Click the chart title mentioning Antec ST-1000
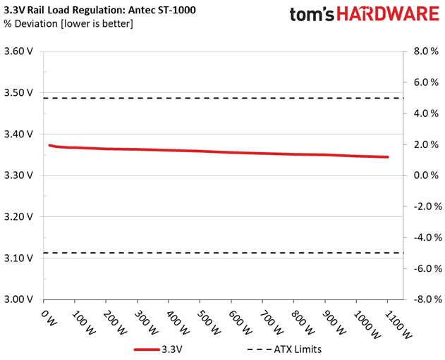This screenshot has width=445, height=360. [x=99, y=10]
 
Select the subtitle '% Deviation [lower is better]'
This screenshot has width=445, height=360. [x=68, y=24]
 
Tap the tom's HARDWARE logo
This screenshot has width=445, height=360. [x=365, y=14]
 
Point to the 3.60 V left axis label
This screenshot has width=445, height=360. [x=18, y=51]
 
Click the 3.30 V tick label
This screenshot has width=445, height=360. [x=18, y=175]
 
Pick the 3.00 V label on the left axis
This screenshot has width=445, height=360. [x=18, y=299]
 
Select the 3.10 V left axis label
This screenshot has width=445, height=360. [x=18, y=259]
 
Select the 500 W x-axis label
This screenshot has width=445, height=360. [x=209, y=323]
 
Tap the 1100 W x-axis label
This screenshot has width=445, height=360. [x=398, y=325]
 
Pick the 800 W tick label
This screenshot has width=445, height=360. [x=303, y=323]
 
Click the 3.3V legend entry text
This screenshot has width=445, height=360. [x=172, y=349]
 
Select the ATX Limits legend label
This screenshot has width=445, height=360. [x=298, y=349]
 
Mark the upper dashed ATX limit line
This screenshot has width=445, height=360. [x=223, y=98]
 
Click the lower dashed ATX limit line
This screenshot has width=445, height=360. [x=223, y=253]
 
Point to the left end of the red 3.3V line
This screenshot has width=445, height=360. [x=49, y=145]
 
